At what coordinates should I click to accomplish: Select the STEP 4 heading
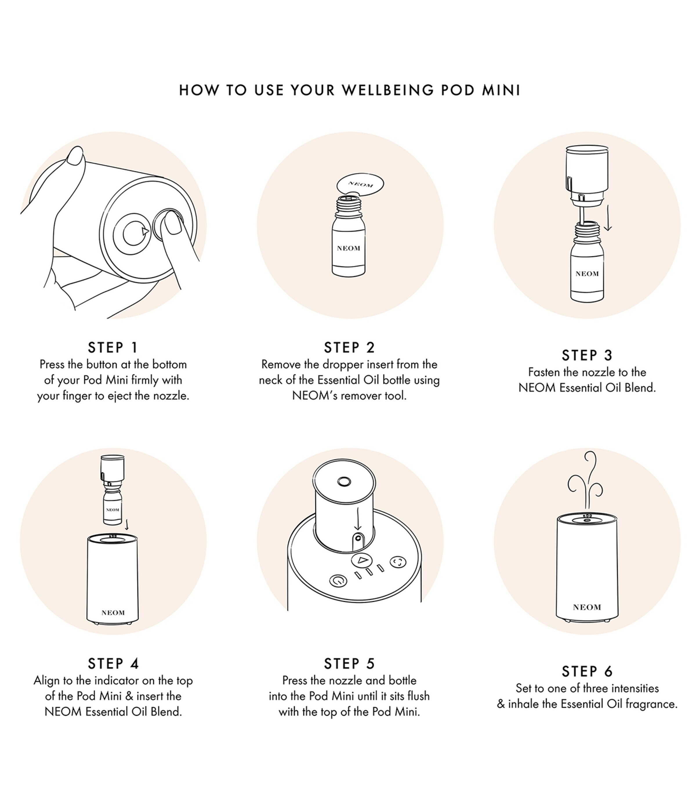click(113, 664)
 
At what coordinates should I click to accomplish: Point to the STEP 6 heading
click(587, 672)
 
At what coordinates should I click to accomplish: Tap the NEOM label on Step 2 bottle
click(348, 248)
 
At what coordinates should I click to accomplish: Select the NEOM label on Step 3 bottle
click(587, 274)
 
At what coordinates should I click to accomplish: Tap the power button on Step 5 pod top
click(338, 580)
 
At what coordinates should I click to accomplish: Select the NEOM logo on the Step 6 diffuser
click(587, 607)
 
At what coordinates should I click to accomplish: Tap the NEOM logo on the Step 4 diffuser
click(113, 613)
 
